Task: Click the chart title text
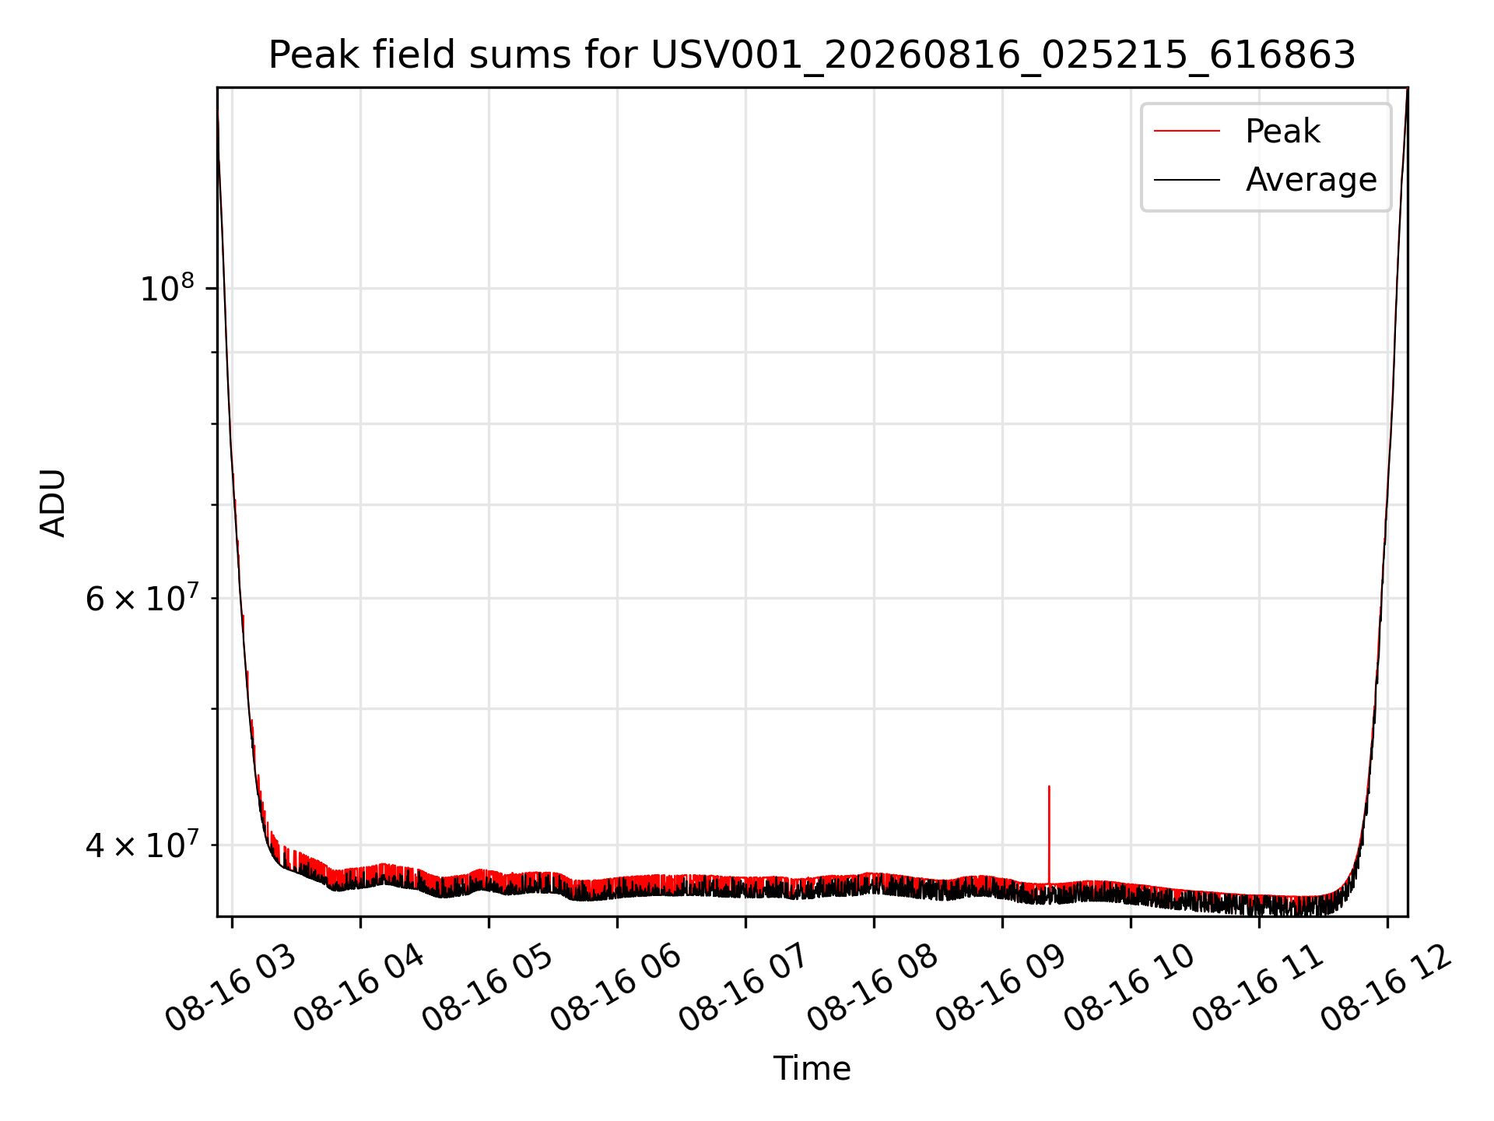(812, 55)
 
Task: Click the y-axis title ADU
(53, 503)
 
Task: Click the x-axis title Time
(812, 1069)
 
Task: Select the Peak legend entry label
(1282, 132)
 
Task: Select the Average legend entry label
(1311, 180)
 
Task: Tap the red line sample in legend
(1187, 131)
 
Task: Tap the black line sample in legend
(1187, 180)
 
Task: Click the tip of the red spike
(1049, 786)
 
